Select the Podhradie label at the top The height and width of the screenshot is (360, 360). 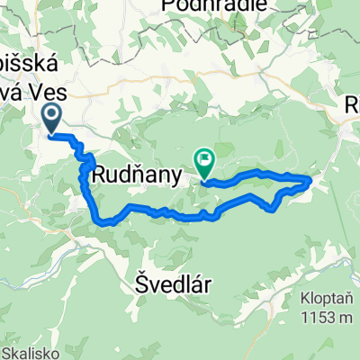click(x=215, y=5)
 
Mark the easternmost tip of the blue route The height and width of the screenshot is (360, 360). click(x=311, y=180)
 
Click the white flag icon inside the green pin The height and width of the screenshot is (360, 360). click(x=204, y=162)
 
